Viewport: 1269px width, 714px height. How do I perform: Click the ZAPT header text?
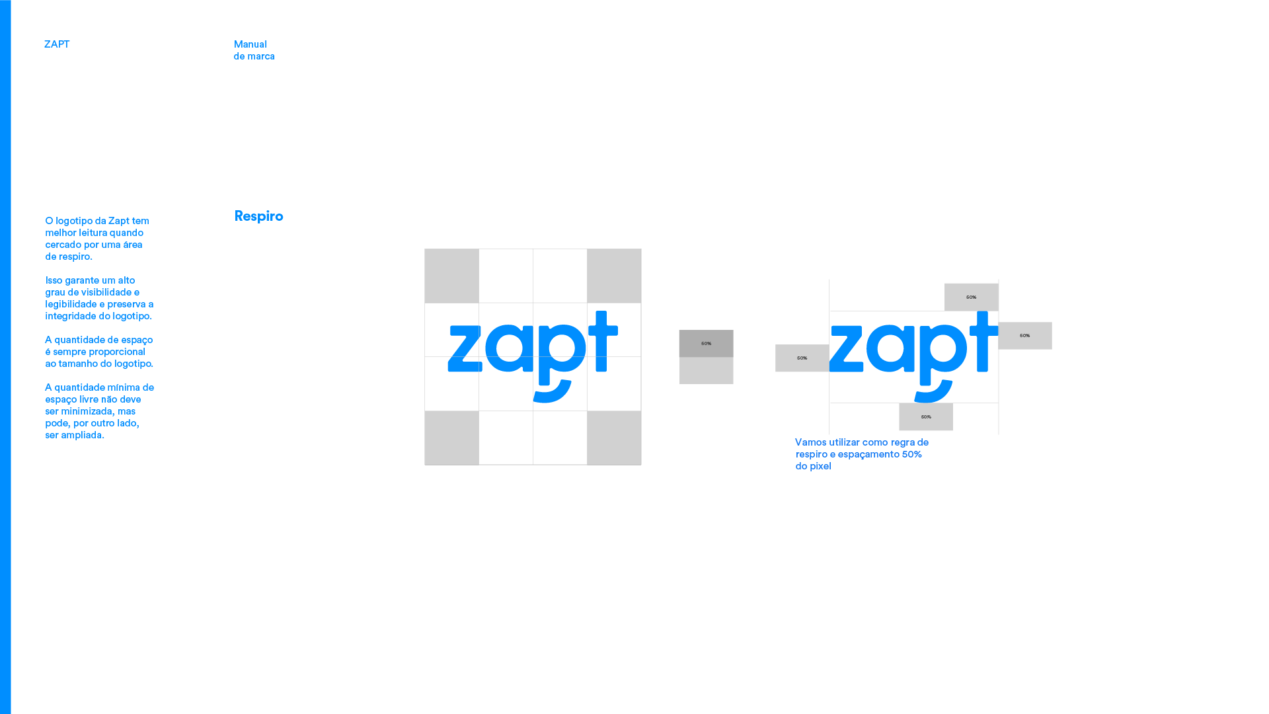point(57,44)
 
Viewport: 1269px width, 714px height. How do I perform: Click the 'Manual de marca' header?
point(254,50)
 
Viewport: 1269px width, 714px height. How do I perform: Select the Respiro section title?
point(258,216)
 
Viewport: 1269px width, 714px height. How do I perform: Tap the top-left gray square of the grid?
point(451,276)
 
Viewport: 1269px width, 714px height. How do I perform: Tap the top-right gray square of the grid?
point(614,276)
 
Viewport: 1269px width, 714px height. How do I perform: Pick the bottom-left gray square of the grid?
point(451,438)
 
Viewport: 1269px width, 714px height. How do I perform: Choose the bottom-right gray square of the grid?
point(614,438)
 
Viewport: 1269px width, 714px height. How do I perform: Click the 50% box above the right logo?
point(971,297)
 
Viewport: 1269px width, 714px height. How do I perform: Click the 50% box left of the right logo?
point(802,358)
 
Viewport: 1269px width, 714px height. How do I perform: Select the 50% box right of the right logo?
point(1025,336)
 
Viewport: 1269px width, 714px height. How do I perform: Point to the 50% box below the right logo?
point(925,416)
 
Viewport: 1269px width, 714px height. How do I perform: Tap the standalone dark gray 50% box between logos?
point(706,344)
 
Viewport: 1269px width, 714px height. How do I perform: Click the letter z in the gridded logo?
point(465,348)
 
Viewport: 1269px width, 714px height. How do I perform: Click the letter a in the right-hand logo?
point(890,348)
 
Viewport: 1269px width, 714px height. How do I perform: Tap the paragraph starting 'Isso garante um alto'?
point(99,298)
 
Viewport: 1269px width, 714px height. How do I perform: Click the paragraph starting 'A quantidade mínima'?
point(99,411)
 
